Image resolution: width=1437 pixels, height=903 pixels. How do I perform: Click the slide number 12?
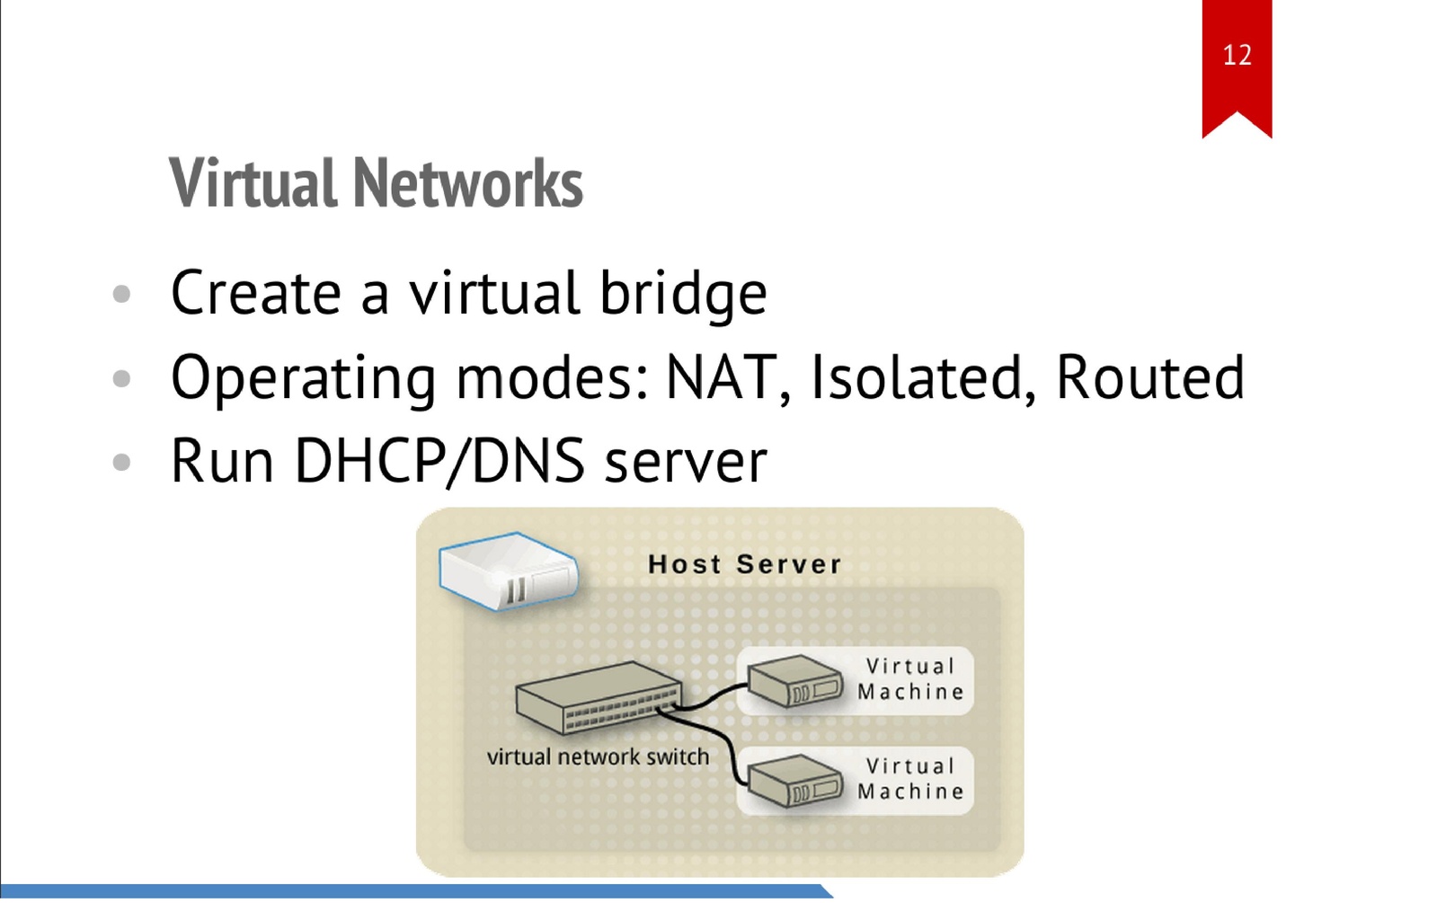pos(1237,56)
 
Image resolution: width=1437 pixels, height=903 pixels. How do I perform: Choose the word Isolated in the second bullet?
pos(917,377)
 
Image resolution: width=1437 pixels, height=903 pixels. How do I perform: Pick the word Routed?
pos(1149,377)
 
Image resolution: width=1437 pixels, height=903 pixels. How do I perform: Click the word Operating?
pos(303,379)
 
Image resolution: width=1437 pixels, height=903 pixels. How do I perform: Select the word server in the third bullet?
pos(686,463)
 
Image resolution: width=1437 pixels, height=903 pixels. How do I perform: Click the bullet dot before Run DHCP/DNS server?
pos(122,463)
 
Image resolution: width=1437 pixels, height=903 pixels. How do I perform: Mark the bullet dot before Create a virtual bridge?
pos(122,294)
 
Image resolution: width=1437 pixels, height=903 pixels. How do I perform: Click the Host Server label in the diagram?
pos(744,564)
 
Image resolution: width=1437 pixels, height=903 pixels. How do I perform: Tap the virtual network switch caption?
pos(598,757)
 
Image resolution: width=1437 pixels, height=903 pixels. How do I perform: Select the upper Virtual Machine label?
pos(909,679)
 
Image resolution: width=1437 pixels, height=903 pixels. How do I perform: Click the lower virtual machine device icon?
pos(794,780)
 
